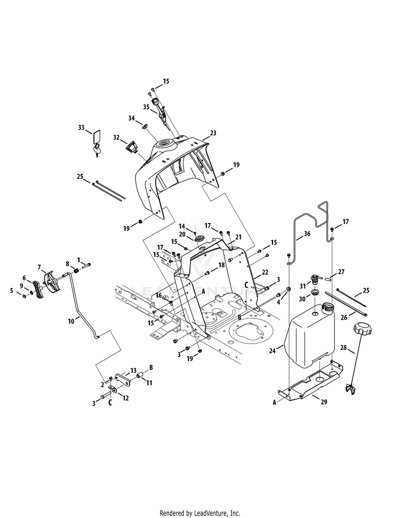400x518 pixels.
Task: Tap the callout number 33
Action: point(81,127)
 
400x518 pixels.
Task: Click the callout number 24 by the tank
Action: point(272,351)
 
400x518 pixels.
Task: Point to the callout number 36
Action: point(307,234)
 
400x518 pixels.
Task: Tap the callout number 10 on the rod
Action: point(71,321)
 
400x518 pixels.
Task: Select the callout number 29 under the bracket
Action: point(324,402)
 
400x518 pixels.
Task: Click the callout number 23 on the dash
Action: point(213,133)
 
